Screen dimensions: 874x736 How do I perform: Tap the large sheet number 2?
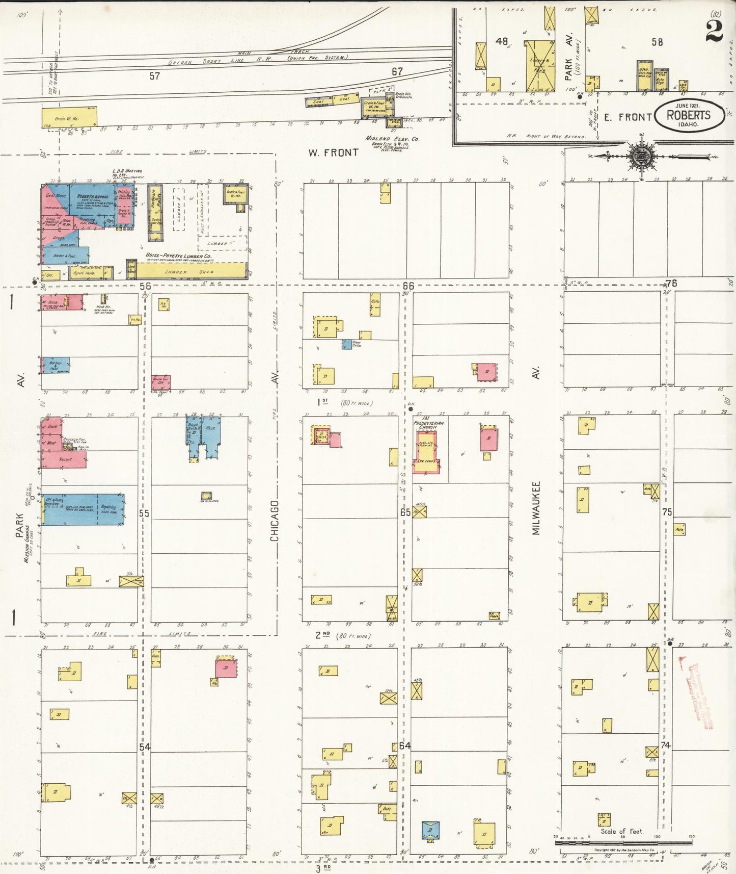pyautogui.click(x=714, y=32)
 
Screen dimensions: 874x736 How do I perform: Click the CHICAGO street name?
pyautogui.click(x=275, y=521)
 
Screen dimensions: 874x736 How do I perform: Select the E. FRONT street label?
pyautogui.click(x=628, y=117)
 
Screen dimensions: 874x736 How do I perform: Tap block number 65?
pyautogui.click(x=405, y=512)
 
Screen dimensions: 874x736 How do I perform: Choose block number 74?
pyautogui.click(x=665, y=745)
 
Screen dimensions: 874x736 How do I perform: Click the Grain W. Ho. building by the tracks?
pyautogui.click(x=69, y=118)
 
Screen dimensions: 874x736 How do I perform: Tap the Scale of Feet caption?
pyautogui.click(x=621, y=831)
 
